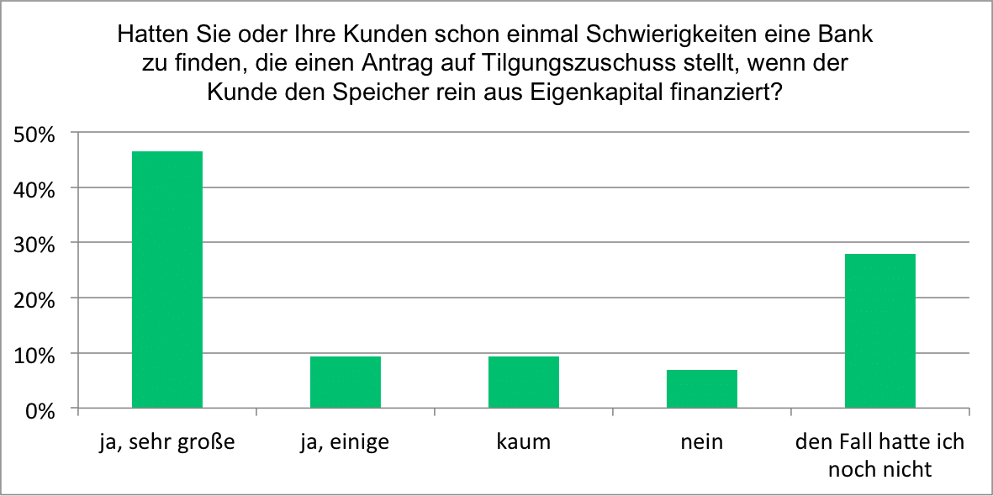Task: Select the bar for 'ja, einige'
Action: click(x=345, y=383)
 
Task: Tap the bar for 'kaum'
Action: click(x=523, y=383)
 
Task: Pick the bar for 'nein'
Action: click(x=701, y=389)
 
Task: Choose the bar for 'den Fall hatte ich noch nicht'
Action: click(x=879, y=331)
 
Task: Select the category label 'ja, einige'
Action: click(x=345, y=441)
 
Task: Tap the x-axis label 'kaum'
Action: click(x=523, y=441)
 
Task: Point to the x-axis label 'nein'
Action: click(x=701, y=441)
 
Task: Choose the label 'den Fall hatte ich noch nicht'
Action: click(x=879, y=455)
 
